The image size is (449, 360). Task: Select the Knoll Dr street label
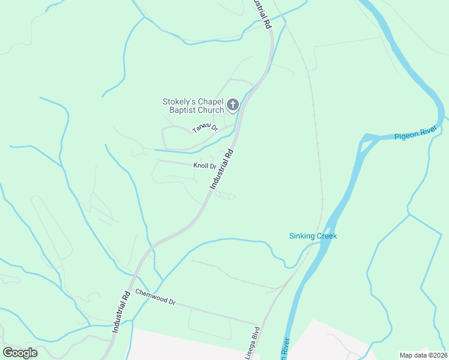point(204,166)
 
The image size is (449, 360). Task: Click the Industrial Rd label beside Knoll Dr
point(221,170)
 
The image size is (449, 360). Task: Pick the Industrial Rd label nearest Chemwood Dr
point(121,312)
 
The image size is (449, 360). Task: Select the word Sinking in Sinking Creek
point(302,236)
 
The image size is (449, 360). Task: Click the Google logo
point(20,353)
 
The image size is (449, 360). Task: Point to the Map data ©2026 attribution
point(423,355)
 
